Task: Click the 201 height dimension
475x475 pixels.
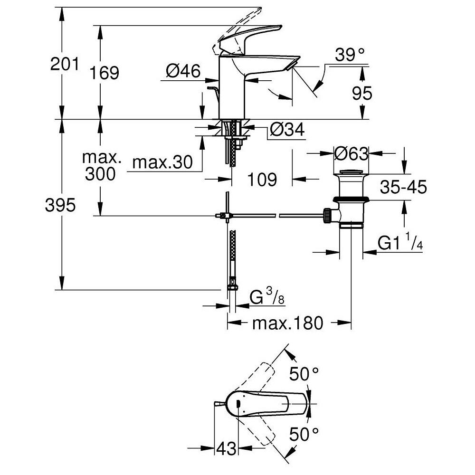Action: [65, 64]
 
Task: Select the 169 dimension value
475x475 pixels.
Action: [104, 73]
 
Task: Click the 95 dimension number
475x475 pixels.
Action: [362, 94]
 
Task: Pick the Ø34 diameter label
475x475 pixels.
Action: [286, 129]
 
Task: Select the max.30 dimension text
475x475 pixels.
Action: [162, 163]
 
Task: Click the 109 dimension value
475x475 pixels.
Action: [261, 179]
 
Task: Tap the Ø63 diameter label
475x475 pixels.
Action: [351, 153]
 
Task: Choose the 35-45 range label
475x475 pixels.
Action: [403, 188]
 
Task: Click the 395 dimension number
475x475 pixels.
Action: [60, 206]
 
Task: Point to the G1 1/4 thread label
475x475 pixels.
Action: [400, 244]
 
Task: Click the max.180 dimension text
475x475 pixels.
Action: [287, 323]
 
